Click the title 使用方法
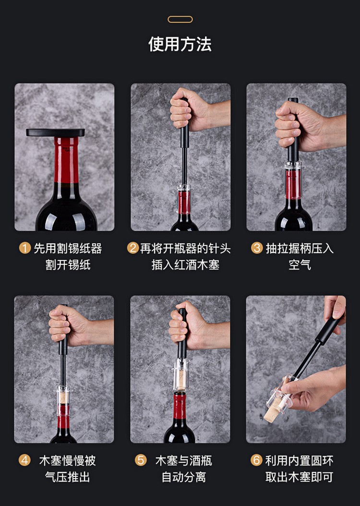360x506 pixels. click(x=180, y=44)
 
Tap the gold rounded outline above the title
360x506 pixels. click(x=180, y=16)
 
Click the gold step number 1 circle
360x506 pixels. click(x=25, y=248)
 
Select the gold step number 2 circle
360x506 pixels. click(x=132, y=248)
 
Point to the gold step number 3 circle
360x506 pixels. click(x=257, y=248)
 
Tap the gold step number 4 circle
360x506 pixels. click(x=24, y=460)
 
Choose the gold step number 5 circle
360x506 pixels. click(x=141, y=460)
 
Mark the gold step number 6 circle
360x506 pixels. click(x=256, y=460)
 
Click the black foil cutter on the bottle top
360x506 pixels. click(x=55, y=132)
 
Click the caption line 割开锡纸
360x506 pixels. click(x=68, y=265)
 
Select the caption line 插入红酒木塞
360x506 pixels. click(x=185, y=265)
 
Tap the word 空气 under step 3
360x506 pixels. click(x=300, y=265)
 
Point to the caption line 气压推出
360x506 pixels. click(x=68, y=477)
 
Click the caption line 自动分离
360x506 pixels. click(x=184, y=477)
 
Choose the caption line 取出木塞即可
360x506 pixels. click(x=300, y=477)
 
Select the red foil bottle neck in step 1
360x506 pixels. click(x=66, y=160)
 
